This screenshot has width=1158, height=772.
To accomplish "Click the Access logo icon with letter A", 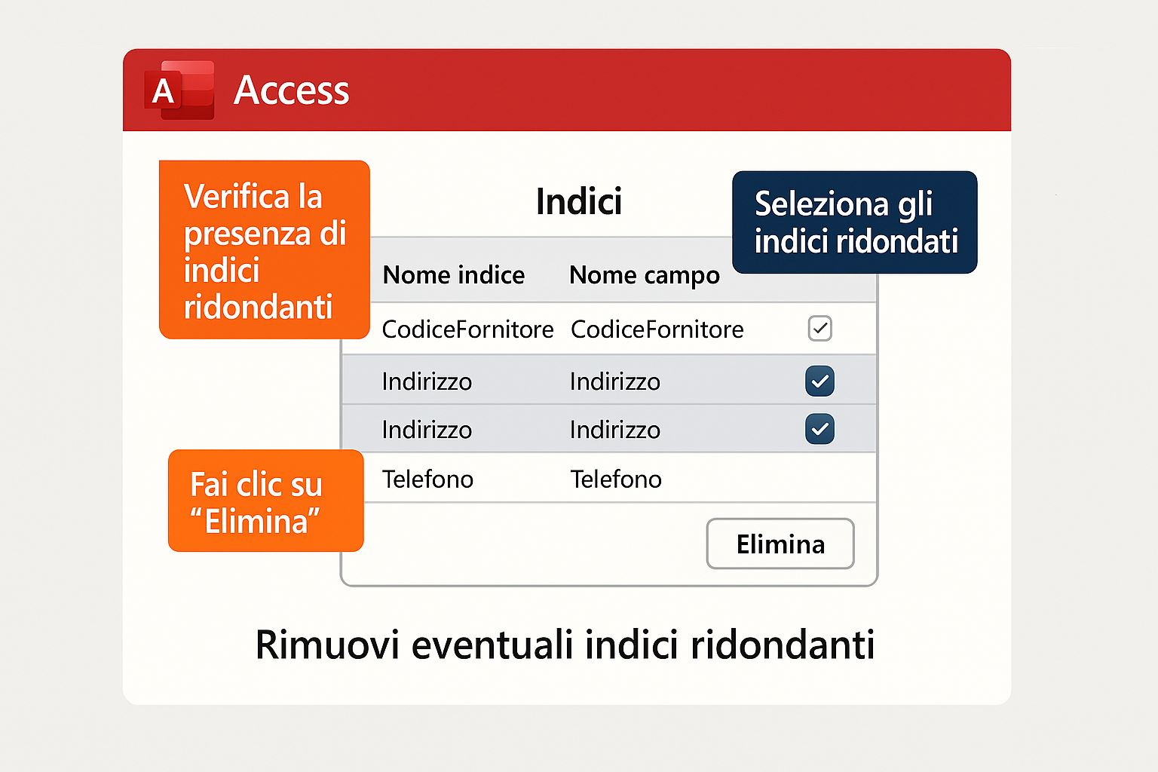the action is click(x=179, y=90).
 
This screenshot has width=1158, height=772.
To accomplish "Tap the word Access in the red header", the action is click(x=292, y=90).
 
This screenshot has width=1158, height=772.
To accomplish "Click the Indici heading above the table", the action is click(x=579, y=201).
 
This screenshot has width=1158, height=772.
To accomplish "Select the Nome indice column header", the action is click(x=453, y=274).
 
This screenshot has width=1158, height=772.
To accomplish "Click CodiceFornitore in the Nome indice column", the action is click(x=467, y=329).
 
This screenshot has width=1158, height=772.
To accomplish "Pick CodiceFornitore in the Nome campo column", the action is click(x=657, y=329).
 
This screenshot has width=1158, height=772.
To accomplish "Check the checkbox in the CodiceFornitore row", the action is click(x=820, y=329).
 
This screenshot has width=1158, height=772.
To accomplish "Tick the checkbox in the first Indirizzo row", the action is click(x=820, y=381).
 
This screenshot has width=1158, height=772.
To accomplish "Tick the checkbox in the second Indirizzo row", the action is click(x=820, y=429).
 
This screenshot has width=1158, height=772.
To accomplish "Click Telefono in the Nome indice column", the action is click(x=427, y=479).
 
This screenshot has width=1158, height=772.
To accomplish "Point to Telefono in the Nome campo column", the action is click(x=616, y=479).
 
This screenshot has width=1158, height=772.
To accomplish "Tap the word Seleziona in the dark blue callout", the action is click(x=822, y=204).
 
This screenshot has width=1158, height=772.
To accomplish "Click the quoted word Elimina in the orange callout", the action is click(x=255, y=521).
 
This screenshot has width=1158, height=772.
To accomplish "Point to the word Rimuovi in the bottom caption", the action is click(x=327, y=645).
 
